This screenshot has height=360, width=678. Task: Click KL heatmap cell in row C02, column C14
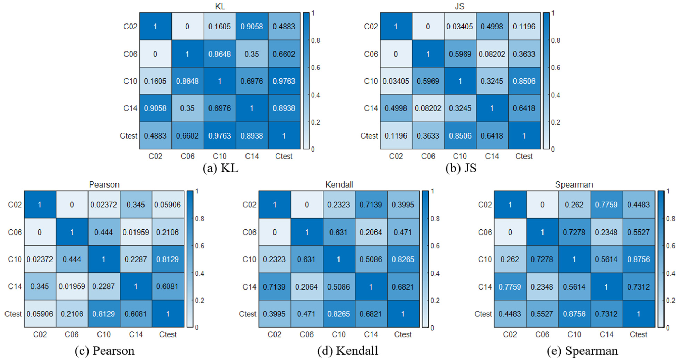pos(252,27)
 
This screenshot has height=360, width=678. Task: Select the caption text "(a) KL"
pos(220,168)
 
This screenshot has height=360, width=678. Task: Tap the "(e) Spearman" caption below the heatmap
pos(582,351)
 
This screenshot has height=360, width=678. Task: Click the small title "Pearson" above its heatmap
pos(104,184)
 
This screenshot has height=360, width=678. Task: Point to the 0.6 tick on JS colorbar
pos(556,68)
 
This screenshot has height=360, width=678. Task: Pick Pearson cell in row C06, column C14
pos(136,232)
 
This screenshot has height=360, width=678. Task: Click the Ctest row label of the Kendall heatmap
pos(248,314)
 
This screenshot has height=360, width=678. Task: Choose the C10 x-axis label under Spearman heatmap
pos(574,334)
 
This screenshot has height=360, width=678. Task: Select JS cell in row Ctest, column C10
pos(460,136)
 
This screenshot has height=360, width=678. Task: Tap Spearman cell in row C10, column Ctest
pos(638,259)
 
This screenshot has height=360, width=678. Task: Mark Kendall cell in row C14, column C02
pos(274,287)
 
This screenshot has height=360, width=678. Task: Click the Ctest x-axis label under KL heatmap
pos(284,156)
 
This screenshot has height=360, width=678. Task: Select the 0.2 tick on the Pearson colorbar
pos(200,301)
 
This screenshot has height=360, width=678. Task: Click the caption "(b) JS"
pos(461,168)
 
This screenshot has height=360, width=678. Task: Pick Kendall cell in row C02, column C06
pos(306,205)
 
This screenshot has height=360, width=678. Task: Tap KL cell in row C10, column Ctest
pos(284,81)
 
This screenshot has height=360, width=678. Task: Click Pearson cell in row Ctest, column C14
pos(136,314)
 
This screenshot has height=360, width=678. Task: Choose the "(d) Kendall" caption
pos(347,351)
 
